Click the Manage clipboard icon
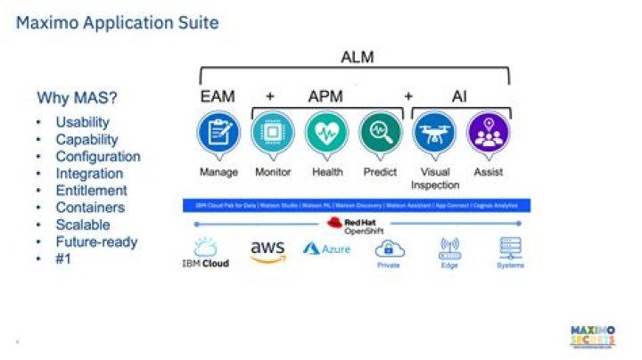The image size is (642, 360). coord(218,134)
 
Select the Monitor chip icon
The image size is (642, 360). coord(273,134)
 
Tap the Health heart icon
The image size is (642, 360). coord(327,134)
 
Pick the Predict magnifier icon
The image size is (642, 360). coord(381,134)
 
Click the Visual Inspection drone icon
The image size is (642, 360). coord(435,134)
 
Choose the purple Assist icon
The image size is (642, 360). coord(488,134)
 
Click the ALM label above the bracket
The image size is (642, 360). coord(358,58)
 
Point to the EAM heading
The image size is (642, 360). coord(218,95)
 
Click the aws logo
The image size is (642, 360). coord(267,251)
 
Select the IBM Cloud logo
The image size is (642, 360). coord(205,253)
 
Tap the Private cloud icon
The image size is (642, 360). coord(389,252)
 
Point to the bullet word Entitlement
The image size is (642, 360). coord(91,191)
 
